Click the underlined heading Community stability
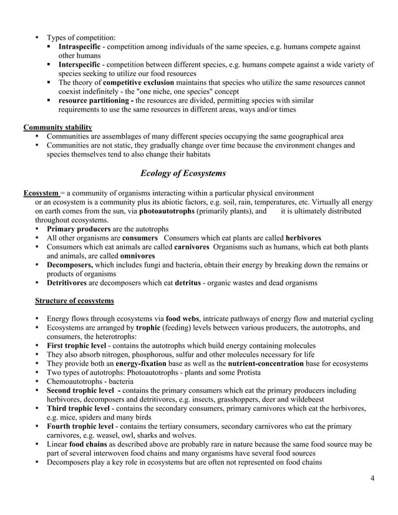coord(58,128)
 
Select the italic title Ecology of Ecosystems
coord(183,173)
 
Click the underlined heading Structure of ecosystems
coord(74,301)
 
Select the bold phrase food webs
coord(186,319)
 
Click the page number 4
coord(372,478)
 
